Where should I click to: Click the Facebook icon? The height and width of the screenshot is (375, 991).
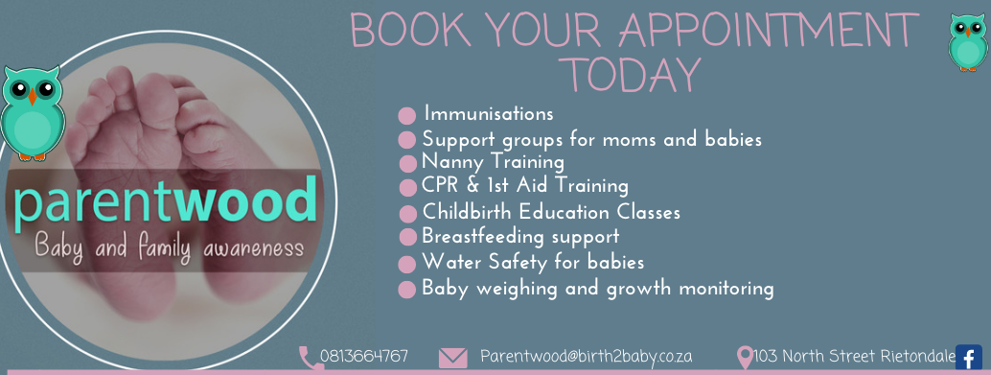coord(968,358)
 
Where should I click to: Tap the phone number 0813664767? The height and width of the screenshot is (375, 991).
coord(363,357)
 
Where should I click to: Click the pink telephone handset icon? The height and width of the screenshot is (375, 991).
coord(311,358)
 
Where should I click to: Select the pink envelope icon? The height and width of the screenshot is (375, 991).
coord(453,358)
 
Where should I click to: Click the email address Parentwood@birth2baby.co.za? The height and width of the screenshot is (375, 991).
coord(586,357)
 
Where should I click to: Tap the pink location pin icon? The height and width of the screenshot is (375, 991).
coord(745,358)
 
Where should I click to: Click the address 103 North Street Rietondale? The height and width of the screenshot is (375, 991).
coord(854,357)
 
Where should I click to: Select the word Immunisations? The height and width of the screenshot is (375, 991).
coord(489,114)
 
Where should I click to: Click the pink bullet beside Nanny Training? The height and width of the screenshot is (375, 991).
coord(408,163)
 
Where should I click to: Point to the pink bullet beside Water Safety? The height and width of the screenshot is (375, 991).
coord(408,263)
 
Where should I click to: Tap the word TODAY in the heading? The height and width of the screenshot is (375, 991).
coord(634,75)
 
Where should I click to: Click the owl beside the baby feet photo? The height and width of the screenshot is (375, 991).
coord(32,112)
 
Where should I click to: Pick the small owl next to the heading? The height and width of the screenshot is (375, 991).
coord(967,42)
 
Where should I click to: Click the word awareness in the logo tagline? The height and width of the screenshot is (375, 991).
coord(253,247)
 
